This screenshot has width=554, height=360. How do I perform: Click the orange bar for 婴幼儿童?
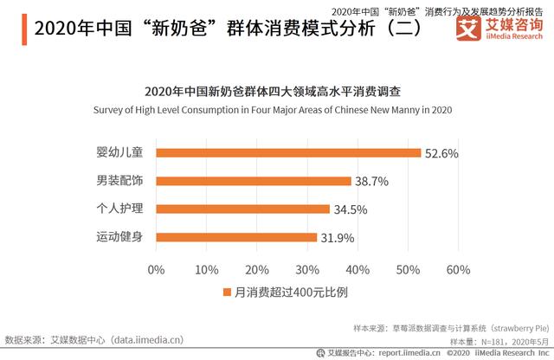(288, 153)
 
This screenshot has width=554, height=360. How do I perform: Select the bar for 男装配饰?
(254, 181)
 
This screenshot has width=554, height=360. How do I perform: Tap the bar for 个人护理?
(243, 209)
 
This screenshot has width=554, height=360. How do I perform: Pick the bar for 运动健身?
(236, 237)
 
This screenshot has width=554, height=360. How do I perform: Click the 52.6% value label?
(440, 153)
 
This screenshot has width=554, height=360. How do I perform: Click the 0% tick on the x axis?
(157, 269)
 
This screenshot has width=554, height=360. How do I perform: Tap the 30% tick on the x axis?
(307, 269)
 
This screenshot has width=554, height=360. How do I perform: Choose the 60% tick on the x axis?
(458, 269)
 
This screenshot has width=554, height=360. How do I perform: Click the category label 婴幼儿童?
(119, 153)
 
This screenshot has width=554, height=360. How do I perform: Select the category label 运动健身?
(119, 237)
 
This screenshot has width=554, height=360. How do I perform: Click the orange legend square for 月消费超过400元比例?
(228, 292)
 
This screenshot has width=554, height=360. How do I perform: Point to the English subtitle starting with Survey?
(277, 111)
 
